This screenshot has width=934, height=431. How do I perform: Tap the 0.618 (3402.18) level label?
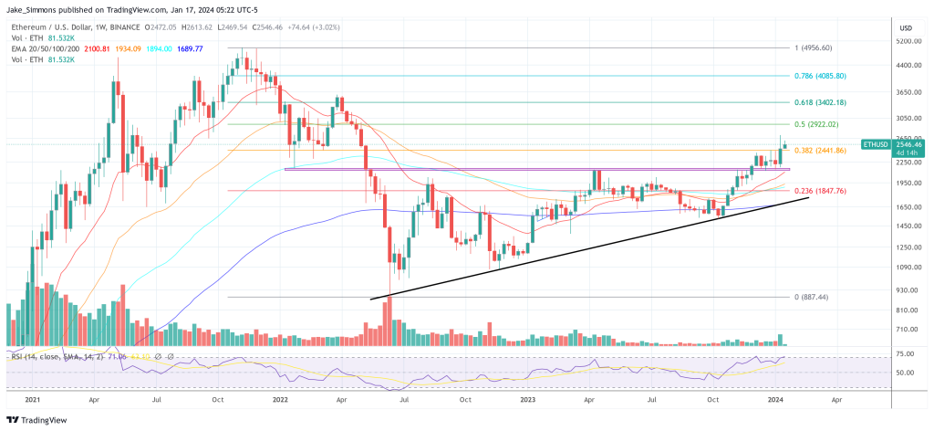818,102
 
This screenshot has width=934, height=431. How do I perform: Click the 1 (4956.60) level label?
813,47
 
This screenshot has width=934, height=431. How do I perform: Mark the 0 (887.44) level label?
810,297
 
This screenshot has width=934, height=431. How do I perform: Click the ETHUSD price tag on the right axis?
881,144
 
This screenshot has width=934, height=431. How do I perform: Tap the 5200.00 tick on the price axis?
907,41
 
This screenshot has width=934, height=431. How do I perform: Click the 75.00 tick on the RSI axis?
906,353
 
